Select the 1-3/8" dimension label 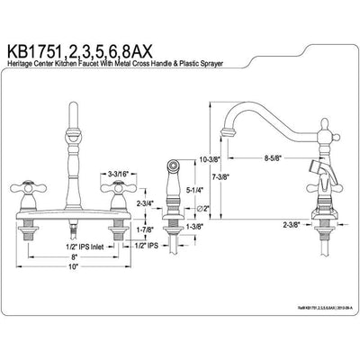[x=191, y=228]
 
